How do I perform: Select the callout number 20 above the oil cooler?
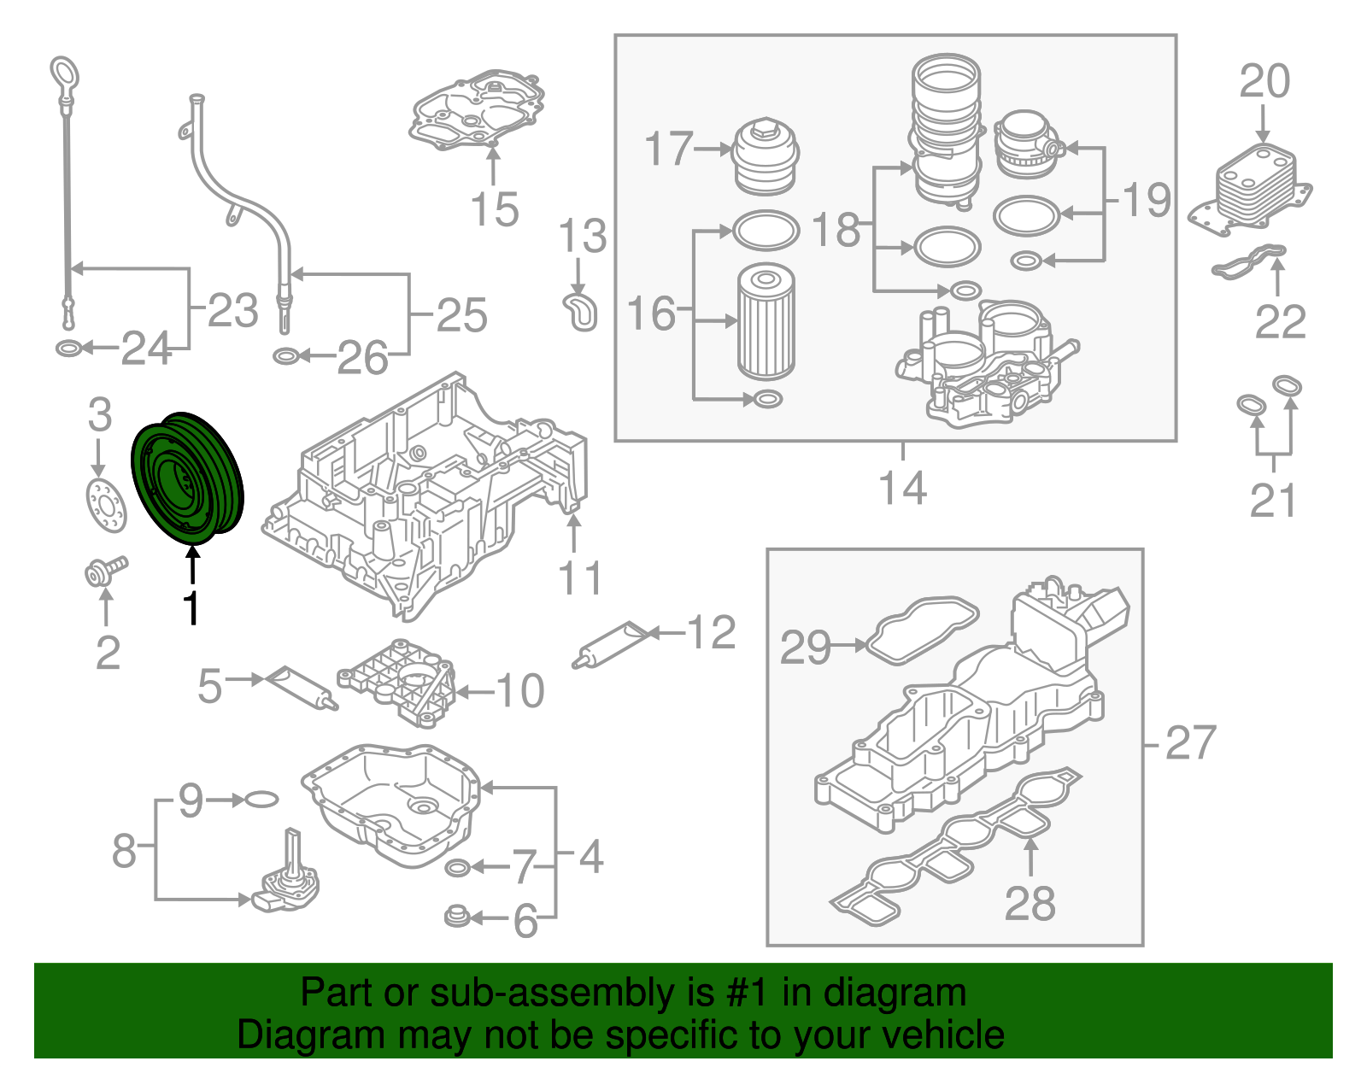click(x=1264, y=82)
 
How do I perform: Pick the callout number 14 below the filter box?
click(x=902, y=489)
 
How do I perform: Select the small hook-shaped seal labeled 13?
click(x=580, y=311)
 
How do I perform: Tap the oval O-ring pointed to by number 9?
click(x=261, y=800)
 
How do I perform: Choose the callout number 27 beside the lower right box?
click(x=1189, y=743)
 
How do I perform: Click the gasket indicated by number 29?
click(x=922, y=630)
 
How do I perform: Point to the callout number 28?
click(x=1030, y=904)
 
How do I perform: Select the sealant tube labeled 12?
click(x=613, y=645)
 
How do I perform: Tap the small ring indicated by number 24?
click(x=68, y=349)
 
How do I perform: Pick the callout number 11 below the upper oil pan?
click(x=580, y=578)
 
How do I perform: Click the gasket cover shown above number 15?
click(x=478, y=111)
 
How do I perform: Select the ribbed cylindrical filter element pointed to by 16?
click(x=766, y=322)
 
